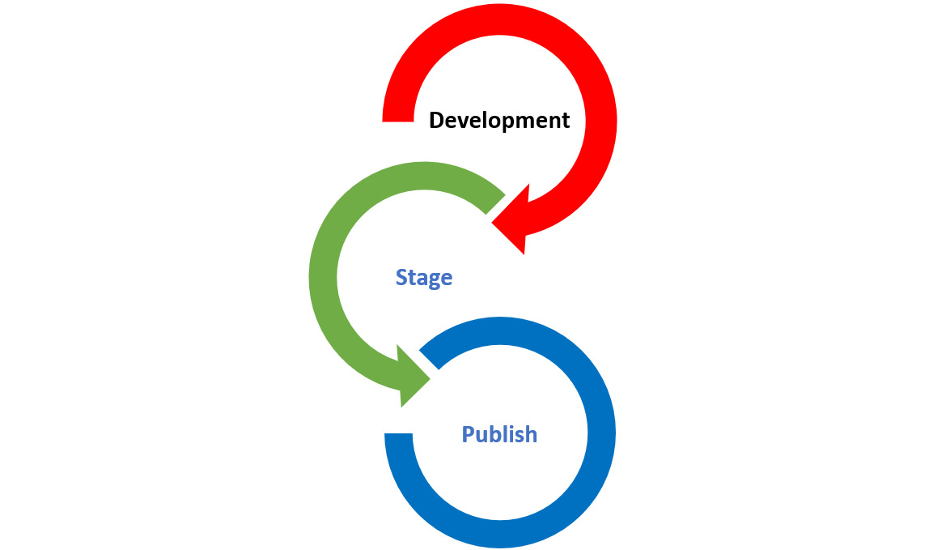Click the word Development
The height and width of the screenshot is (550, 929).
[x=499, y=121]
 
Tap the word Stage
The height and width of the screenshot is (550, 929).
[x=423, y=278]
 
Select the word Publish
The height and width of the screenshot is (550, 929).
[x=499, y=434]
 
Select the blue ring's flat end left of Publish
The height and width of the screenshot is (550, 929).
[x=399, y=434]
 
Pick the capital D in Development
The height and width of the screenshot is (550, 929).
[x=438, y=121]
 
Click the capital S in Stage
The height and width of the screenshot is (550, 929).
[x=401, y=278]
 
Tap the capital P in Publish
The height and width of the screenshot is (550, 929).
[x=469, y=434]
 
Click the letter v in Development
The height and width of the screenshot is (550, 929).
[x=465, y=122]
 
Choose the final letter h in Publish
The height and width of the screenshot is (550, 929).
[x=530, y=434]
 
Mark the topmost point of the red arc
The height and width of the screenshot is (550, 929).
[x=499, y=18]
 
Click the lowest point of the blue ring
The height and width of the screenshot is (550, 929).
[x=499, y=534]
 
